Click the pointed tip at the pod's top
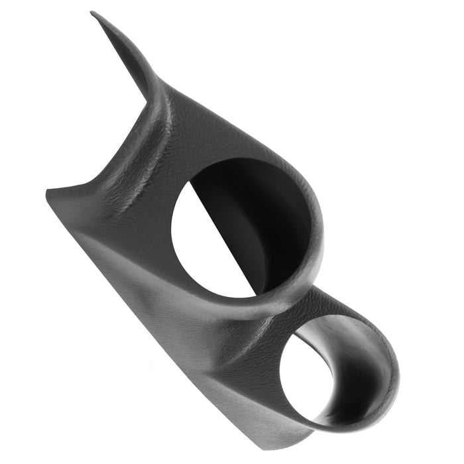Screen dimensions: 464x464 point(92,13)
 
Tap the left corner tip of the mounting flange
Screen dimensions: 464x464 point(48,191)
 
